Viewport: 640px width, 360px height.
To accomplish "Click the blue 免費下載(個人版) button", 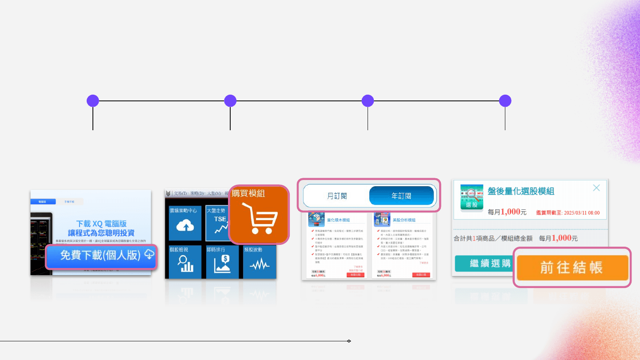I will pos(101,256).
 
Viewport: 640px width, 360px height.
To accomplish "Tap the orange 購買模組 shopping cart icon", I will pos(259,215).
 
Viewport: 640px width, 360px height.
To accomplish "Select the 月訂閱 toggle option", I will pos(337,196).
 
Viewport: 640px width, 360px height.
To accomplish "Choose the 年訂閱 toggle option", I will pos(401,196).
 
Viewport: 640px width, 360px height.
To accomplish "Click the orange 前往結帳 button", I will pos(572,267).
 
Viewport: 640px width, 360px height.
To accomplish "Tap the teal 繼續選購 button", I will pos(483,264).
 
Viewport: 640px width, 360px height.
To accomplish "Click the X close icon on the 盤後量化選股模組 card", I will pos(596,188).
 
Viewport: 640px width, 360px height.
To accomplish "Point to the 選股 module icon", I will pos(472,198).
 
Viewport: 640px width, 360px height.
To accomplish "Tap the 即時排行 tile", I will pos(222,262).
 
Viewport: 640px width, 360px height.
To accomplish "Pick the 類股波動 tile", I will pos(260,262).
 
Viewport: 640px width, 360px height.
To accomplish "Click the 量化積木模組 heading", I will pos(338,220).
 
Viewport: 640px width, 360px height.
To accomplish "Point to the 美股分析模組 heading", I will pos(404,220).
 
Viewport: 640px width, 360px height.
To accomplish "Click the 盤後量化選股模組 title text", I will pos(521,191).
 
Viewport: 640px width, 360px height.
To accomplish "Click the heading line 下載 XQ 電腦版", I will pos(101,224).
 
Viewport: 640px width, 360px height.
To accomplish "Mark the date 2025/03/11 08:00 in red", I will pos(581,213).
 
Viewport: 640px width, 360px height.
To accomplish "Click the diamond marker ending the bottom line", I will pos(349,341).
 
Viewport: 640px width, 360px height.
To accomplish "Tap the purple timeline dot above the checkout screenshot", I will pos(505,101).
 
